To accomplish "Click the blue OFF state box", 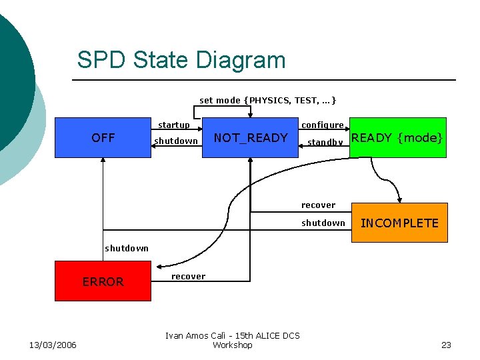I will click(x=103, y=138).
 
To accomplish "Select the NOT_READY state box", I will click(x=250, y=138).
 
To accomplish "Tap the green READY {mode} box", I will click(x=397, y=138).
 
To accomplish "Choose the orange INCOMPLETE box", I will click(x=399, y=223).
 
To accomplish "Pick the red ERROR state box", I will click(x=103, y=281).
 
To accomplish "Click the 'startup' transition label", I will click(x=173, y=125).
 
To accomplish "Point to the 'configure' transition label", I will click(x=323, y=125).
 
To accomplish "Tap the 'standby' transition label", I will click(x=325, y=142).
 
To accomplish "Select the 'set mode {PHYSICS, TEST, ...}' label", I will click(x=268, y=101).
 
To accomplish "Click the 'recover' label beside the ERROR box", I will click(x=189, y=276).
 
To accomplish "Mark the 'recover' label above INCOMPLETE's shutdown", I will click(x=318, y=205).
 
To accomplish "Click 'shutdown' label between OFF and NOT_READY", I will click(x=176, y=141).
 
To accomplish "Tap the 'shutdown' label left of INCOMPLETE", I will click(x=323, y=223).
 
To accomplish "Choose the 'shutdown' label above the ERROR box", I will click(x=127, y=248).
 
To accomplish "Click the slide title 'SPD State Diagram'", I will click(x=181, y=60).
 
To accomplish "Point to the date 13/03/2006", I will click(x=53, y=345).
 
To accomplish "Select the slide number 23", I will click(x=446, y=345).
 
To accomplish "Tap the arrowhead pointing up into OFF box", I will click(x=103, y=162).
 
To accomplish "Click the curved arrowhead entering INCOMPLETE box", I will click(x=399, y=198).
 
